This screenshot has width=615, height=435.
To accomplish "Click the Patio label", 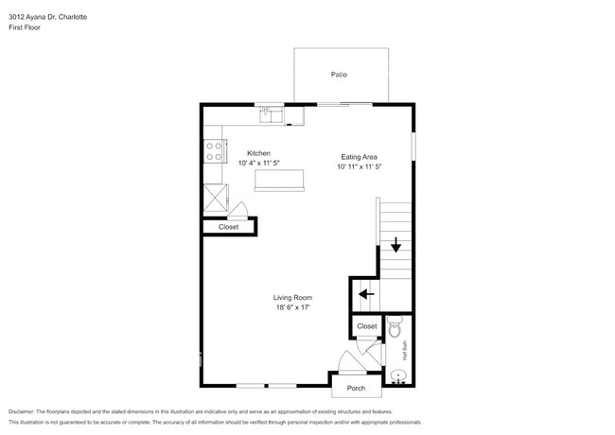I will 338,74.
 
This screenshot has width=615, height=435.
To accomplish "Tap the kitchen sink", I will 270,113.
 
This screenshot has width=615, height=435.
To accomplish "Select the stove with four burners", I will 213,149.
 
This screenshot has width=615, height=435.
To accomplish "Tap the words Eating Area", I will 360,156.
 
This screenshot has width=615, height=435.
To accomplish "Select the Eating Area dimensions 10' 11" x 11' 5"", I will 360,166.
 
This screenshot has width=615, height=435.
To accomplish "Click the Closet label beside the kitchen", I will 228,227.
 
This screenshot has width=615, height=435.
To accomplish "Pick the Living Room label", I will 292,297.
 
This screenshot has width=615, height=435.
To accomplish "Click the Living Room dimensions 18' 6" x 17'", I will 292,307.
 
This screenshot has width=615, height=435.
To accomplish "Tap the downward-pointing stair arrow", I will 395,247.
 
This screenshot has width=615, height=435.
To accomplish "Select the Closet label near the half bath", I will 366,326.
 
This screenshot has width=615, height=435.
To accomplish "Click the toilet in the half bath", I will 396,327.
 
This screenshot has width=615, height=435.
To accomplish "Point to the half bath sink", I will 398,375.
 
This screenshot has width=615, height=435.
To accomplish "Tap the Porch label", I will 356,389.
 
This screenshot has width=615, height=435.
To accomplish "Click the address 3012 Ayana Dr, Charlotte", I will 44,15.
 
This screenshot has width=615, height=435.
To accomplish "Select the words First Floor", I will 26,27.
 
